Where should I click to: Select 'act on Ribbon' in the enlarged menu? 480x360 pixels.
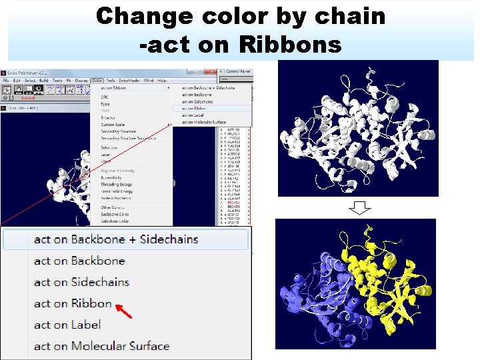coord(73,303)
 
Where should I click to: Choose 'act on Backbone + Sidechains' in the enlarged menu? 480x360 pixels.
coord(116,239)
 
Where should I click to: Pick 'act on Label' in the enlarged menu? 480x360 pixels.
coord(67,325)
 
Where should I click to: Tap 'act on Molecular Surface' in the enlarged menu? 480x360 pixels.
coord(101,346)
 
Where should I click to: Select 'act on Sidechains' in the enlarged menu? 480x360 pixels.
coord(81,282)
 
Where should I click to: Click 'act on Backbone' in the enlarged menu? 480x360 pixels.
coord(79,261)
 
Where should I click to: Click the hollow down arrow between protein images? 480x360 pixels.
coord(360,208)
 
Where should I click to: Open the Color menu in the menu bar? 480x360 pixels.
coord(97,81)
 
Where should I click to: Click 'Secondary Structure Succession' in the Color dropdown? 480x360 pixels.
coord(129,139)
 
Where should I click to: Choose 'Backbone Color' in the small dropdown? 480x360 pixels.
coord(115,215)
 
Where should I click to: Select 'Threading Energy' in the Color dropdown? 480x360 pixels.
coord(116,184)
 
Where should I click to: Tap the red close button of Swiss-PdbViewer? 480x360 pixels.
coord(213,71)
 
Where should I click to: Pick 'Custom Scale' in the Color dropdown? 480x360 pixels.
coord(113,125)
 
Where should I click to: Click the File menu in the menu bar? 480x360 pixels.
coord(6,81)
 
